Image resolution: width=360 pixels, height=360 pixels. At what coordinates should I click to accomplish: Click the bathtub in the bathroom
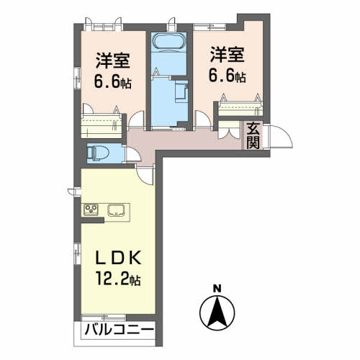click(x=168, y=42)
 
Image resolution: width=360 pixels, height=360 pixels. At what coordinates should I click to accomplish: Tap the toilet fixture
click(x=98, y=153)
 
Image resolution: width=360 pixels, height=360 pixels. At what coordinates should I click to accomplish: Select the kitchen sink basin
click(x=116, y=210)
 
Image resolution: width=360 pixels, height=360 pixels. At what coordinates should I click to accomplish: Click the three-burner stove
click(x=91, y=210)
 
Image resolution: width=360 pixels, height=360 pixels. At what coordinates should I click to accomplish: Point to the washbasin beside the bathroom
click(x=181, y=92)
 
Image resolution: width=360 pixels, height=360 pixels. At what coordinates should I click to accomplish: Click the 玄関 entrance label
click(x=253, y=135)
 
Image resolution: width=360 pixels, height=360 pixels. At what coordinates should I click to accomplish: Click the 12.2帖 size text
click(x=118, y=279)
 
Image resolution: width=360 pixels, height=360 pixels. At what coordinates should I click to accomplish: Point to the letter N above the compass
click(x=217, y=288)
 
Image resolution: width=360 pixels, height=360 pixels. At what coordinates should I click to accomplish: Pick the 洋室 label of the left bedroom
click(x=113, y=60)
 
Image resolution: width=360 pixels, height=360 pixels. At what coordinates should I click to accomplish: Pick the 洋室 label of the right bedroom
click(x=227, y=55)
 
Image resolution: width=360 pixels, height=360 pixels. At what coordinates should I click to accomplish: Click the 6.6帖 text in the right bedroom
click(x=227, y=76)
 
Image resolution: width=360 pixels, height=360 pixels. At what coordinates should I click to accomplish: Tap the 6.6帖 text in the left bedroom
click(x=113, y=82)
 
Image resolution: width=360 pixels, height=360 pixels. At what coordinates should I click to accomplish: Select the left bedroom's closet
click(x=102, y=127)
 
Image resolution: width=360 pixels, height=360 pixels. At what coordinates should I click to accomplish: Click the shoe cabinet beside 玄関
click(x=229, y=130)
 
